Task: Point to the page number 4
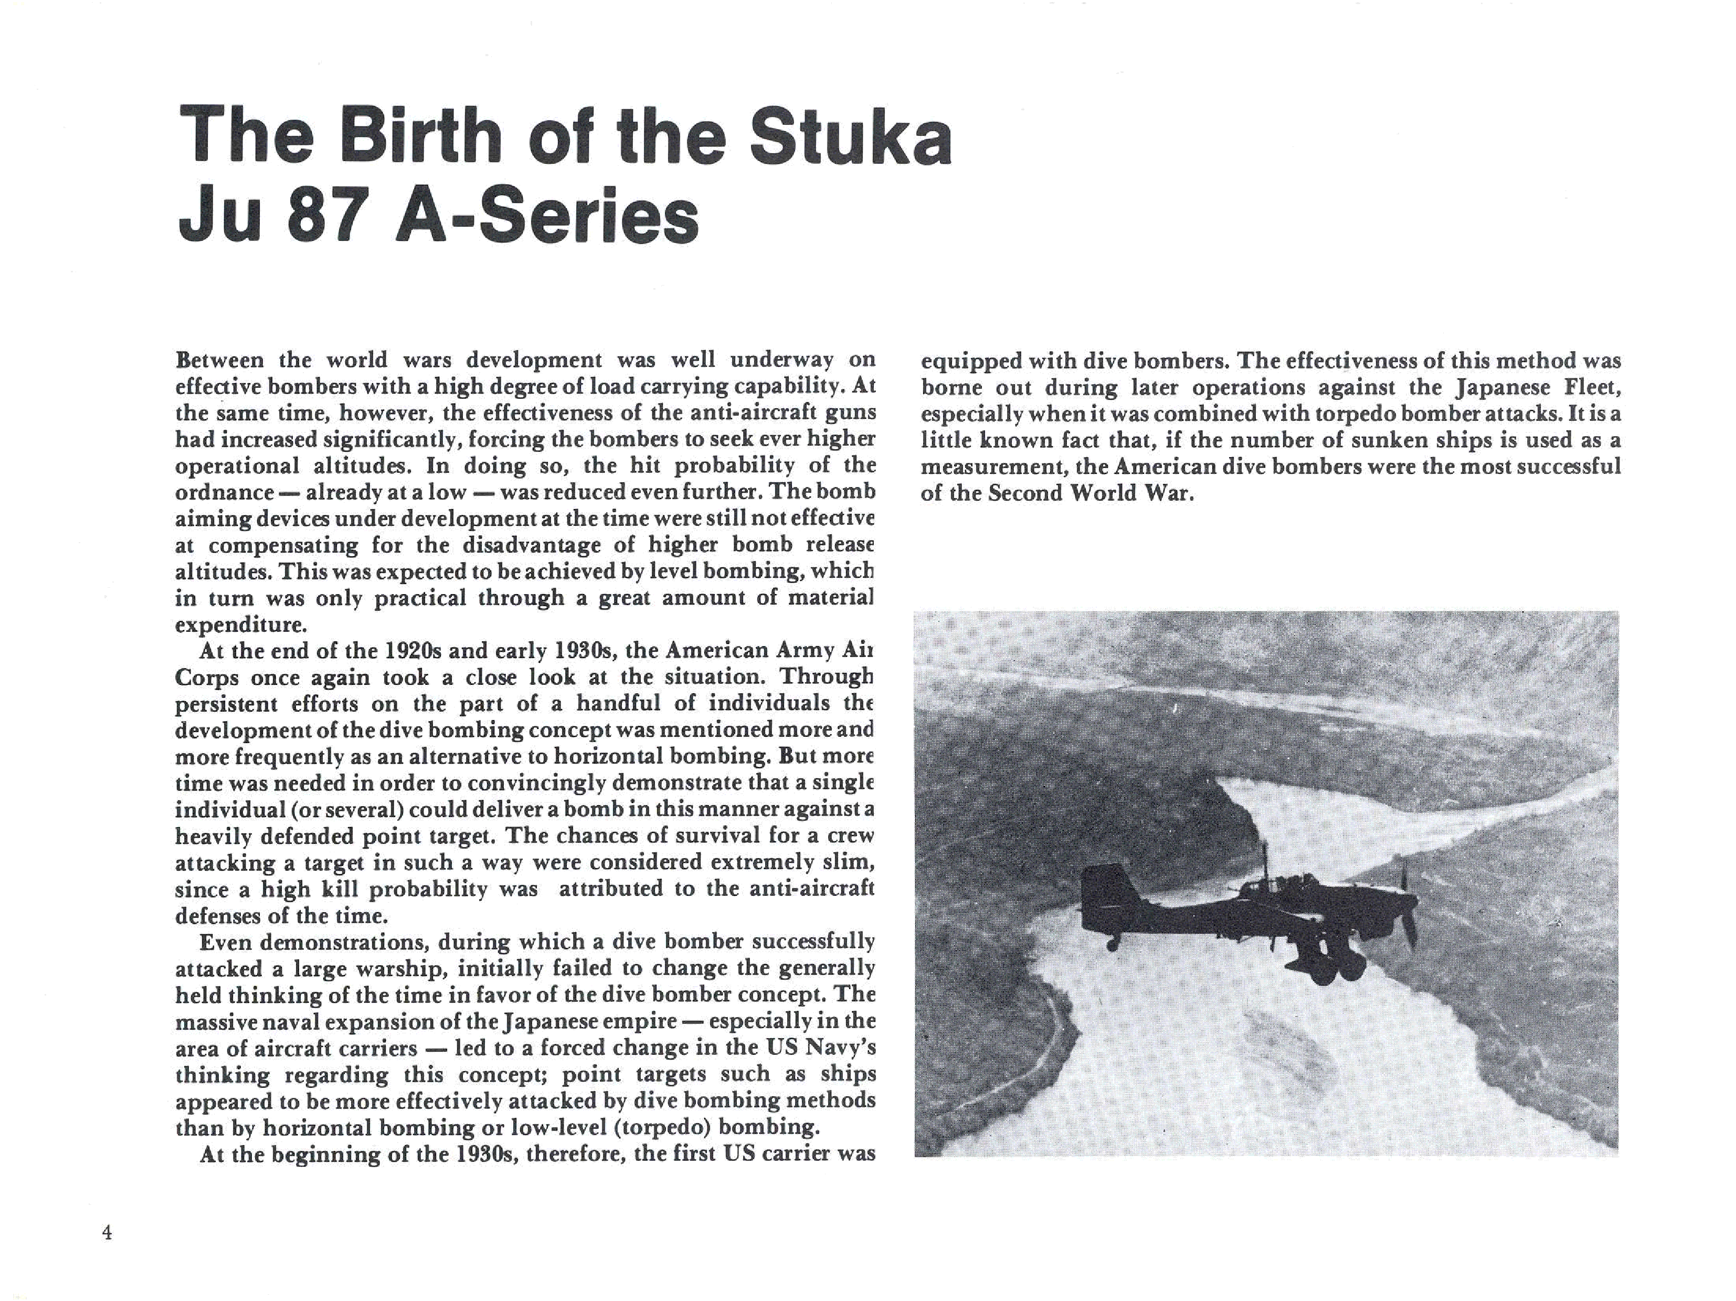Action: (108, 1233)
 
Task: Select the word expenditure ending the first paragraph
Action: (239, 626)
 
